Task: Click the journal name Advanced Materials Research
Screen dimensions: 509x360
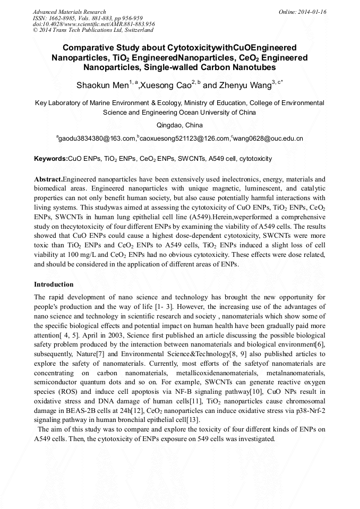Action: (x=69, y=12)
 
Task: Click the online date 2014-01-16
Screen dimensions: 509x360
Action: (x=313, y=12)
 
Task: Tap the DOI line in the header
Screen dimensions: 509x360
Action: (x=94, y=24)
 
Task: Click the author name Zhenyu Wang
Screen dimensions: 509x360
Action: (x=245, y=85)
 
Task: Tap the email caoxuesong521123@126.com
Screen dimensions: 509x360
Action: (x=184, y=139)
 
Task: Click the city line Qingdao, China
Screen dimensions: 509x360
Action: (x=179, y=125)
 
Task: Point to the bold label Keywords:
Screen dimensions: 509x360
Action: (x=51, y=159)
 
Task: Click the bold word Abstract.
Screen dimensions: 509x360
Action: (x=47, y=180)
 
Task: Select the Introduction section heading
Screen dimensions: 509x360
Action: (x=54, y=284)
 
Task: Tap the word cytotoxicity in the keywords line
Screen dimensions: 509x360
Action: (x=256, y=159)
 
